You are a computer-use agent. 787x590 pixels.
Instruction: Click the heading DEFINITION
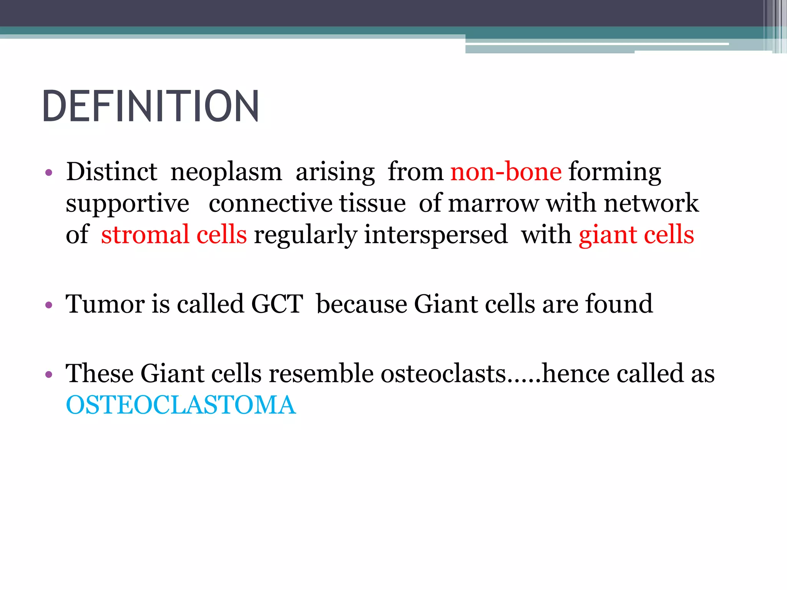[x=151, y=106]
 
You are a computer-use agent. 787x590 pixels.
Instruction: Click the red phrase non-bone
[x=506, y=172]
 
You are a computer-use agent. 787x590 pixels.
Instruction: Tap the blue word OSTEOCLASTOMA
[x=181, y=405]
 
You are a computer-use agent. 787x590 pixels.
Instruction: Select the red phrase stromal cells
[x=174, y=235]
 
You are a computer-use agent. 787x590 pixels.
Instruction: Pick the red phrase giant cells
[x=636, y=235]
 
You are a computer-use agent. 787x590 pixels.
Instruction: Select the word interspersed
[x=436, y=235]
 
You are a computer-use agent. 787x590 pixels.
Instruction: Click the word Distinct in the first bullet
[x=111, y=172]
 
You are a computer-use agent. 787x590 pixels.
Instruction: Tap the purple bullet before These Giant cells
[x=48, y=375]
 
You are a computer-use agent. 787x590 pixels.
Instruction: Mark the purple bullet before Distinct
[x=48, y=173]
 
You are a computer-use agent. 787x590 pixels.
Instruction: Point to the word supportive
[x=128, y=204]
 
